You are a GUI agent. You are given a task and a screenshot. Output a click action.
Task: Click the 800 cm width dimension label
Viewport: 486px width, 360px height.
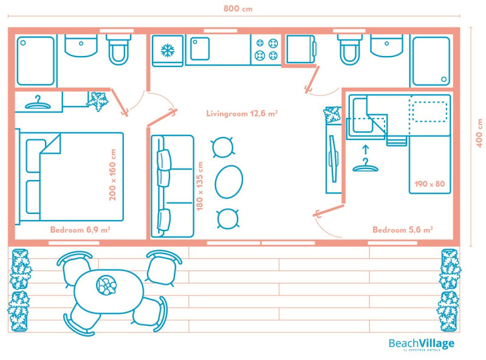click(x=238, y=9)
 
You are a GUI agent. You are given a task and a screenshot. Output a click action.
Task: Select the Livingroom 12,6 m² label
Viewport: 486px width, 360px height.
click(x=242, y=113)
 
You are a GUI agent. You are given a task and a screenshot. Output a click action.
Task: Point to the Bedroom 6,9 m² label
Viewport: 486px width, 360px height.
click(x=80, y=230)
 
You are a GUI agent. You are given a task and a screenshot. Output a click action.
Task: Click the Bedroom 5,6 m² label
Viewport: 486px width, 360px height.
click(x=402, y=230)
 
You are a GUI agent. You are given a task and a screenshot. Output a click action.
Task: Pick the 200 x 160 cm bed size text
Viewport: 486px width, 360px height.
click(x=112, y=176)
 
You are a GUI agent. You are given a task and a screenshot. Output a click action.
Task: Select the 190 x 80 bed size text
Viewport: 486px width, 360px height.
click(x=429, y=183)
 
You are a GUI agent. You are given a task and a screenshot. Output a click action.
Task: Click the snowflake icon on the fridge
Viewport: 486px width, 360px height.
click(x=167, y=50)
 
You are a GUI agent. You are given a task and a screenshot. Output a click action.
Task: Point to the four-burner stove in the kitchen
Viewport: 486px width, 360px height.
click(x=265, y=49)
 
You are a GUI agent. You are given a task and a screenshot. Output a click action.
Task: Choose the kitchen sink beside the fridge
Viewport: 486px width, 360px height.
click(x=200, y=49)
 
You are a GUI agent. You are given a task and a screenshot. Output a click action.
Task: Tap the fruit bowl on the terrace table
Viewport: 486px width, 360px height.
click(x=106, y=285)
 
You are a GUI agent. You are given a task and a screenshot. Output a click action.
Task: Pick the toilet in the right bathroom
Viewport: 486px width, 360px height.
click(x=349, y=50)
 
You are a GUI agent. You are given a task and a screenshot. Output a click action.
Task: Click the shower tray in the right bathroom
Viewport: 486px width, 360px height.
click(x=431, y=60)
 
